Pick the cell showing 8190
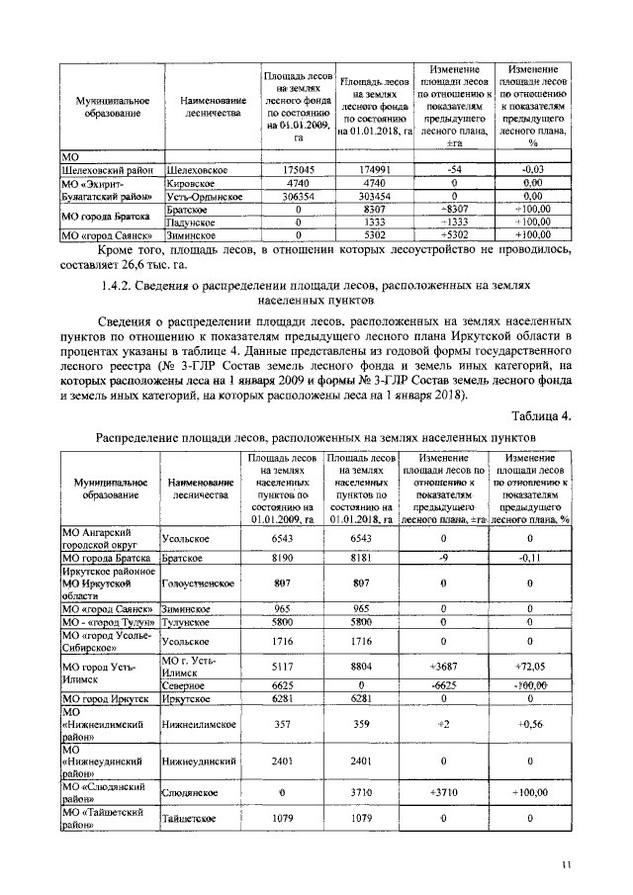tap(285, 558)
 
